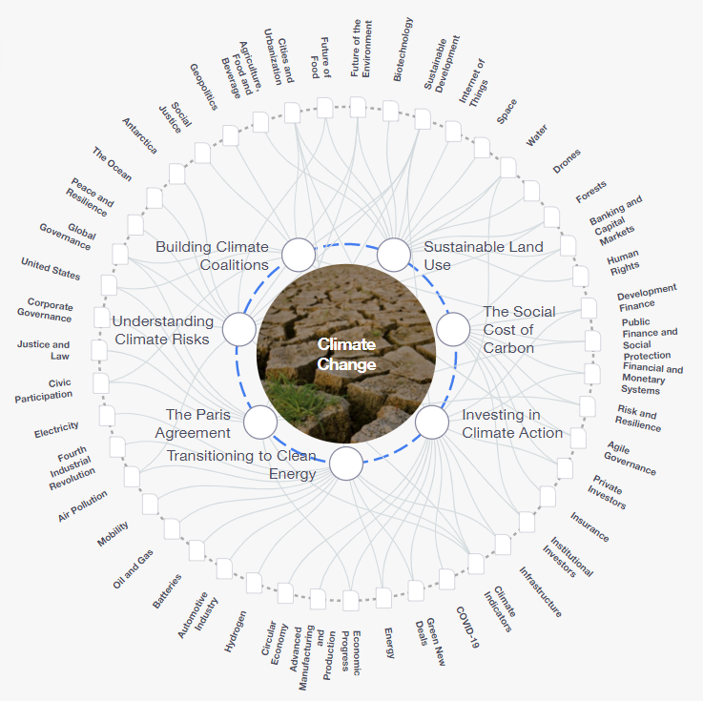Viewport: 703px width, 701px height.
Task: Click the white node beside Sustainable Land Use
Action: tap(394, 255)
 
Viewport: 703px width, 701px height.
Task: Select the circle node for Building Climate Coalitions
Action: tap(299, 255)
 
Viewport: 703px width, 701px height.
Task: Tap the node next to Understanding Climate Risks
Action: tap(239, 329)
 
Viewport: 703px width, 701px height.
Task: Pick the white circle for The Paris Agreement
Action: tap(260, 423)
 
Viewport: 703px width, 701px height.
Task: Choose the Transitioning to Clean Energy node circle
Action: tap(346, 464)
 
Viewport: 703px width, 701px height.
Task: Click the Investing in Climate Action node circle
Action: tap(432, 423)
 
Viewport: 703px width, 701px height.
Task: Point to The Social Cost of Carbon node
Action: tap(453, 329)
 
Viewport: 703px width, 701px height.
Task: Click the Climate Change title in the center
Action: tap(346, 354)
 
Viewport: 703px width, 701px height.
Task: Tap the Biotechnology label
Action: tap(403, 50)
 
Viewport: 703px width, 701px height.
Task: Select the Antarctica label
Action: tap(140, 135)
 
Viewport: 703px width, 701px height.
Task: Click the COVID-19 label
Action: tap(467, 627)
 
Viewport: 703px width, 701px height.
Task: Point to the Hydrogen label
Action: tap(236, 631)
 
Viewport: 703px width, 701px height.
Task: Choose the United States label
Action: tap(51, 269)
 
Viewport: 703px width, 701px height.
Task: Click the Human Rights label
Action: tap(623, 262)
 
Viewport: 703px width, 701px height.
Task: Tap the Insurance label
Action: tap(589, 527)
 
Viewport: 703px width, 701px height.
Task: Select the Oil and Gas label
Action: tap(134, 568)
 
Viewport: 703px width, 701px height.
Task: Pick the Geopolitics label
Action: tap(204, 87)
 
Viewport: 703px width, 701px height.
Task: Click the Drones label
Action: tap(567, 161)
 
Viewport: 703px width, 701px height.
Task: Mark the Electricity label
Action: tap(56, 429)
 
